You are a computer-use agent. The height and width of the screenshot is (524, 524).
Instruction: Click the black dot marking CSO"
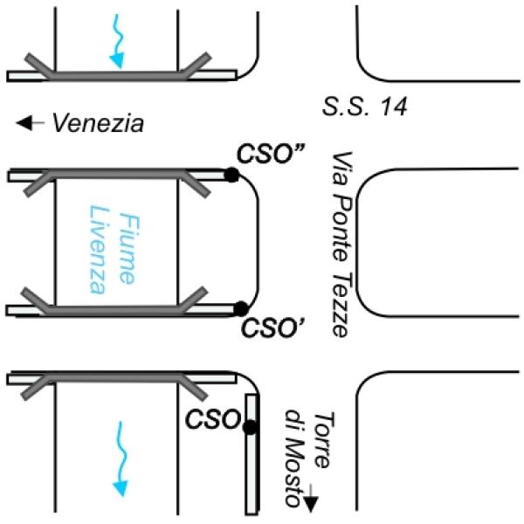(231, 176)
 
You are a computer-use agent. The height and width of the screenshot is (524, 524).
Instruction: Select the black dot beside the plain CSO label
(250, 427)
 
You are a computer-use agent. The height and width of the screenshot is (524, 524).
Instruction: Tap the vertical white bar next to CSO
(252, 454)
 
